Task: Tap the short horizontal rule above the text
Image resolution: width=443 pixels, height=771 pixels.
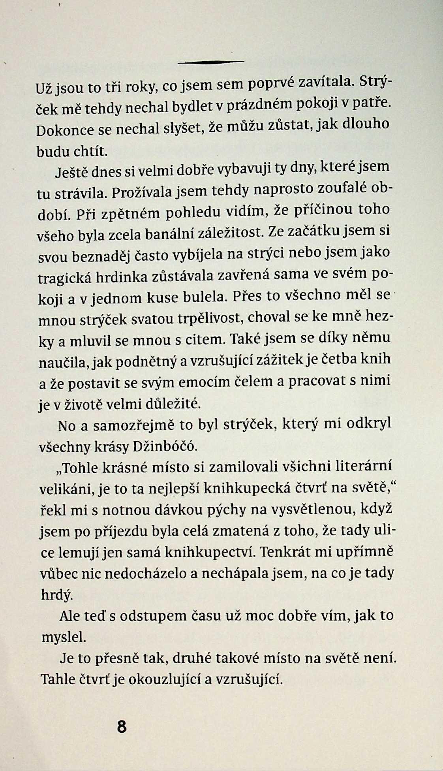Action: [x=211, y=62]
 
